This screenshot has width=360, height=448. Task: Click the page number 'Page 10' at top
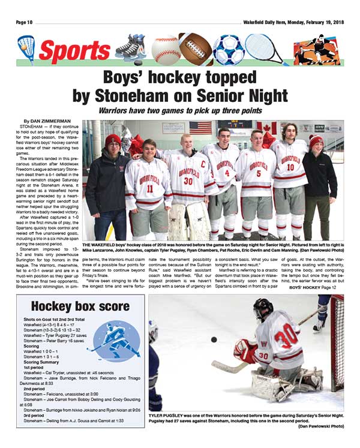click(26, 22)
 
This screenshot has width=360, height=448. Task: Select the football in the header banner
click(196, 49)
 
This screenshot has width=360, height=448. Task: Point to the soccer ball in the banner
click(228, 49)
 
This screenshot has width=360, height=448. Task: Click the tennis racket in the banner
click(264, 48)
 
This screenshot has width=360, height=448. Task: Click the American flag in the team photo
click(200, 127)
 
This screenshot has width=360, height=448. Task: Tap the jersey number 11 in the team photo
click(149, 188)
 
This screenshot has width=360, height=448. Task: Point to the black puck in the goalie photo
click(214, 339)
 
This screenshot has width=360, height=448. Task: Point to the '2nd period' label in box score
click(35, 389)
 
